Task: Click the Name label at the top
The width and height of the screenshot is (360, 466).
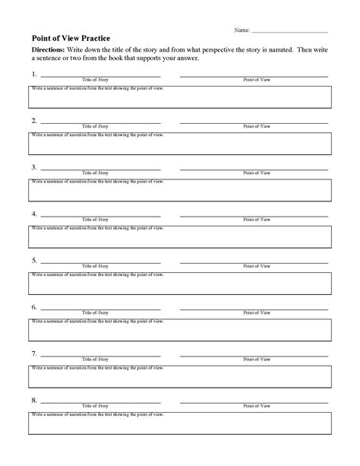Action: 242,30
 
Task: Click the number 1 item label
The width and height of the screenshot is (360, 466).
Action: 34,74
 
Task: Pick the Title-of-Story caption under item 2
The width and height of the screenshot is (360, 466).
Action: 99,126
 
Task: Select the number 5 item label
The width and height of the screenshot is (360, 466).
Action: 34,260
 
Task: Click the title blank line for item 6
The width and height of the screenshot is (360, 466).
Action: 100,309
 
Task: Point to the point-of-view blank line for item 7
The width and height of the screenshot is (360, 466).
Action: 254,355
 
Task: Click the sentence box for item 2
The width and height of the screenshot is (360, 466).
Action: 180,142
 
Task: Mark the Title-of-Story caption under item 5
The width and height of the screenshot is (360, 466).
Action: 99,266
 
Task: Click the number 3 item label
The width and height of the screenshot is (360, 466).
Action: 34,167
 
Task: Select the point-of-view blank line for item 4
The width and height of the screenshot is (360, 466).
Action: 254,215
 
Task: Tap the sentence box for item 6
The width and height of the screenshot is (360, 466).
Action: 180,329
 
